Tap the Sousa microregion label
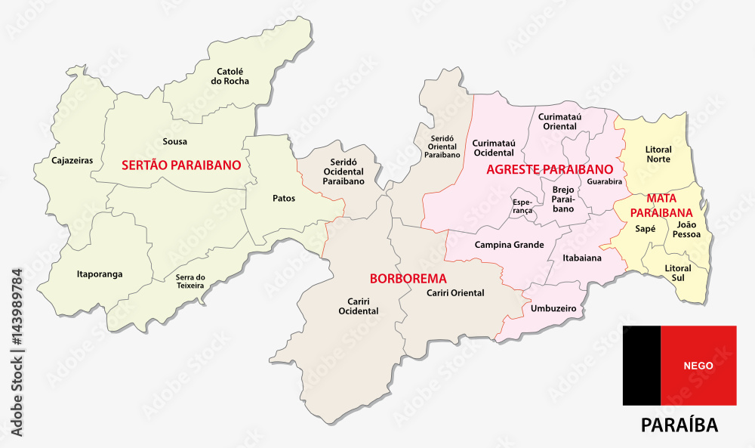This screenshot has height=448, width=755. click(x=174, y=141)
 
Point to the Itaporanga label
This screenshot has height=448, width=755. click(x=100, y=273)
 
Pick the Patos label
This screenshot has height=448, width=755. click(x=283, y=199)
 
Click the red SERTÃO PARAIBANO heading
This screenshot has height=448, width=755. click(x=181, y=164)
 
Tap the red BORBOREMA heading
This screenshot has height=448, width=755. click(x=408, y=278)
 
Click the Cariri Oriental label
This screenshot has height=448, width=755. click(x=455, y=293)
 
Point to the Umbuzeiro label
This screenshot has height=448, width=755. click(x=553, y=309)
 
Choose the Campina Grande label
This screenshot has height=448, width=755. click(x=510, y=245)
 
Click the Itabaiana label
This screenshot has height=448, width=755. click(x=582, y=258)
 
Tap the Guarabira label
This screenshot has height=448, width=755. click(x=604, y=182)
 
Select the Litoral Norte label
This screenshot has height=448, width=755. click(x=658, y=155)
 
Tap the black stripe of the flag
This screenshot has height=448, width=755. click(x=641, y=365)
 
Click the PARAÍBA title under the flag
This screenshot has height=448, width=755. click(x=679, y=425)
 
